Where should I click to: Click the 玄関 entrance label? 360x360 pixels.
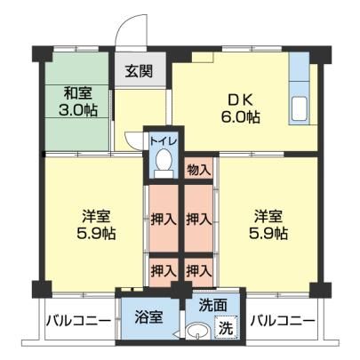coord(139,71)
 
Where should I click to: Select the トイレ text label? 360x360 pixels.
coord(164,140)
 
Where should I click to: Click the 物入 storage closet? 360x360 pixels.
coord(199,168)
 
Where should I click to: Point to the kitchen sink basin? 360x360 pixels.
coord(300,109)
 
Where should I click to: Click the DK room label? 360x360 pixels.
coord(240,100)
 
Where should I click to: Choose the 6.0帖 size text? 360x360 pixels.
coord(240,117)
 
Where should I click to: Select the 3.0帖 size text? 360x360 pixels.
coord(78,110)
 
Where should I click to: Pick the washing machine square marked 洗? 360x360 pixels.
coord(226,326)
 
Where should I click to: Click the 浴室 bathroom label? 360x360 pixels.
coord(148,317)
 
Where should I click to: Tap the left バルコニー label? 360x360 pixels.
coord(78,321)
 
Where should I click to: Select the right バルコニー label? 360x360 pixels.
coord(283,321)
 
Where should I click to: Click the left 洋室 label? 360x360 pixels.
coord(96,216)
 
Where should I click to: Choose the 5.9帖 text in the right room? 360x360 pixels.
coord(268,234)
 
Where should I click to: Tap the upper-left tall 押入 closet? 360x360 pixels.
coord(164,219)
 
